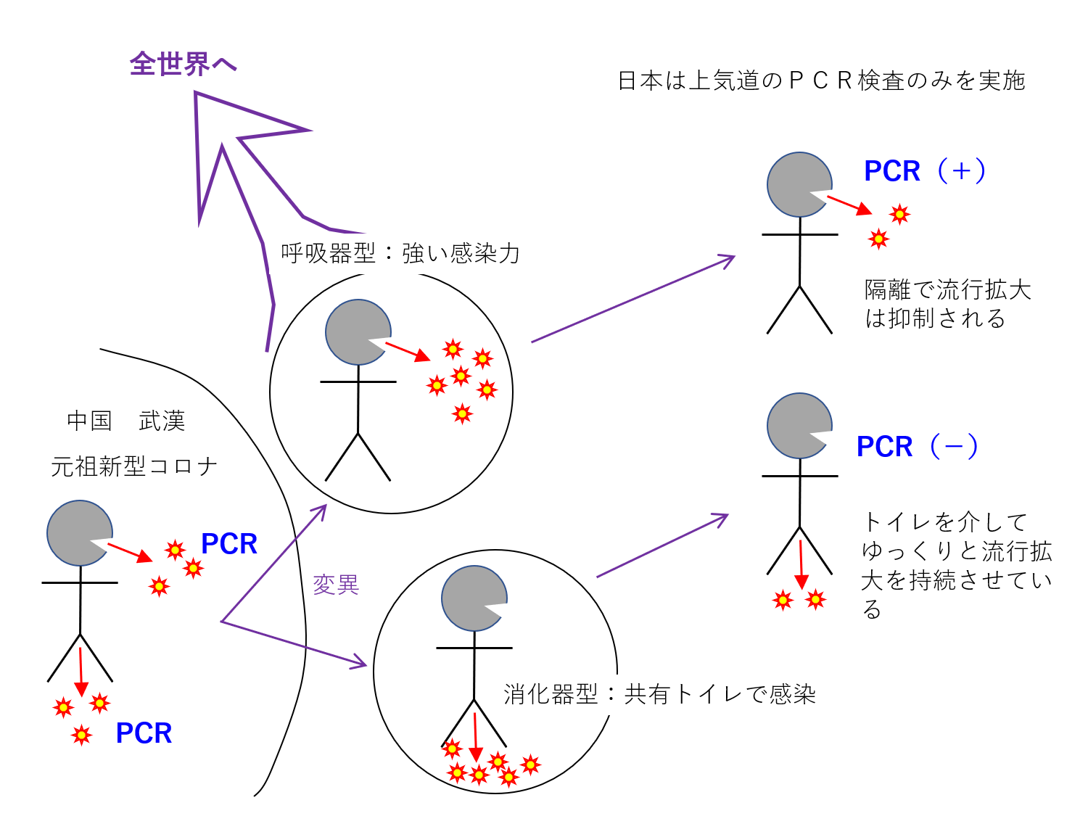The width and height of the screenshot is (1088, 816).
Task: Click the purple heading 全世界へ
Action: pyautogui.click(x=184, y=64)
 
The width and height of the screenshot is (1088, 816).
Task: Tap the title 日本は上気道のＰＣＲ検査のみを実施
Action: pyautogui.click(x=821, y=81)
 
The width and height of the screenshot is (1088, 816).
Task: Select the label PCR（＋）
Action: pyautogui.click(x=925, y=171)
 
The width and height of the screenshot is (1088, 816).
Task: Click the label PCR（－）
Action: pyautogui.click(x=918, y=447)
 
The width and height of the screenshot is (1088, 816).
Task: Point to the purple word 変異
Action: pyautogui.click(x=336, y=585)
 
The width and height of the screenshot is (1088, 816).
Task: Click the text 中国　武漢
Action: pyautogui.click(x=126, y=421)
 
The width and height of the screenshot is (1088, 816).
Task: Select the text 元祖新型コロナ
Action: pyautogui.click(x=134, y=466)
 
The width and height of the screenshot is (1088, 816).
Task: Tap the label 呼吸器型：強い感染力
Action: pyautogui.click(x=400, y=253)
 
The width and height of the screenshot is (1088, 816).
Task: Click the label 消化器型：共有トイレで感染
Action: pyautogui.click(x=659, y=694)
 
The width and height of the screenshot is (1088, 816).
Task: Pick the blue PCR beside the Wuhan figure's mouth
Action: pyautogui.click(x=229, y=544)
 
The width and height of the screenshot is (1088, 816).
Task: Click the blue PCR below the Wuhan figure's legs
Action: pyautogui.click(x=144, y=733)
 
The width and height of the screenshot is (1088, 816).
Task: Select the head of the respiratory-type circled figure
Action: pyautogui.click(x=356, y=332)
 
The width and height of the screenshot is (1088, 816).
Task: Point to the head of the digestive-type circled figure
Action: pyautogui.click(x=472, y=598)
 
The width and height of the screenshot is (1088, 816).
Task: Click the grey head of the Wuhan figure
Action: pyautogui.click(x=78, y=533)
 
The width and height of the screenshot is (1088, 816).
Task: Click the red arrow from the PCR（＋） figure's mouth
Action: pyautogui.click(x=849, y=205)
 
